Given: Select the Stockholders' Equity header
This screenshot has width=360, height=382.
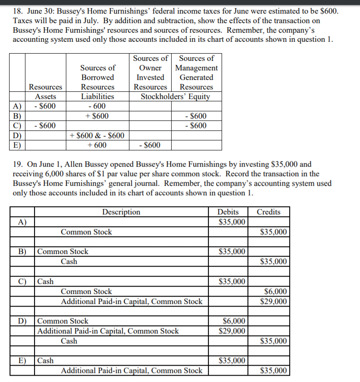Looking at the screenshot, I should (x=175, y=96).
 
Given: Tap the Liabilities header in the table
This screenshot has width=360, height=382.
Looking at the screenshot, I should (x=98, y=96).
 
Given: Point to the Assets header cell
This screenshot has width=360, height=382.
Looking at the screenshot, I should (x=46, y=96).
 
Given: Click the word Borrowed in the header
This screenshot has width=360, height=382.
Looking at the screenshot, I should (x=98, y=77).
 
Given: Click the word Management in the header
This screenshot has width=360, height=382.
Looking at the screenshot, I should (x=196, y=68).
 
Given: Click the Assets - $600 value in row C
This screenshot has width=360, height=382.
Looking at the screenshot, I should (x=46, y=125).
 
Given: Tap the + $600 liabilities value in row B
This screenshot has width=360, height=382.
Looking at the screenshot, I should (x=98, y=116).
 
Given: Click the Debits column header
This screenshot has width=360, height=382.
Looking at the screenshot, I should (x=228, y=212).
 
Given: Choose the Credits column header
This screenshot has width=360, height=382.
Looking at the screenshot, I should (x=268, y=212).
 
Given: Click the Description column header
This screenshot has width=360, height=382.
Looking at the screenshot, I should (x=121, y=212).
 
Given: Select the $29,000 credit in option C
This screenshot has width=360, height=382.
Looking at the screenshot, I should (x=275, y=301).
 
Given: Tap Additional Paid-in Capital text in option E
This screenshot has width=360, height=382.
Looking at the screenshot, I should (x=132, y=371).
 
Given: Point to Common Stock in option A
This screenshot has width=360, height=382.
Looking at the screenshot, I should (x=86, y=232).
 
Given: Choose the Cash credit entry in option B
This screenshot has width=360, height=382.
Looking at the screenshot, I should (x=69, y=262).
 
